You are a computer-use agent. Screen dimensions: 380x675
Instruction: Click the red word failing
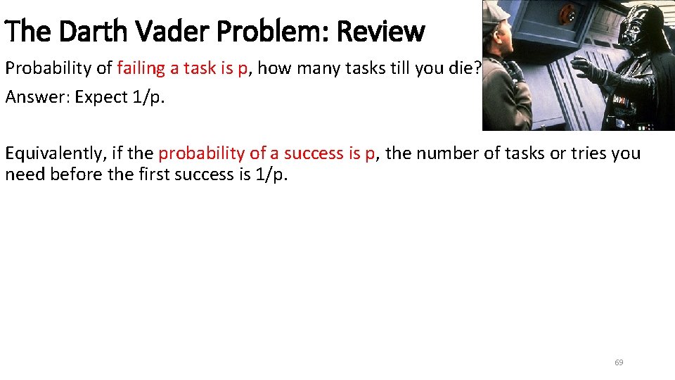(x=141, y=69)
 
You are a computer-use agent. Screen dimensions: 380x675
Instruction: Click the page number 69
(x=619, y=362)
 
